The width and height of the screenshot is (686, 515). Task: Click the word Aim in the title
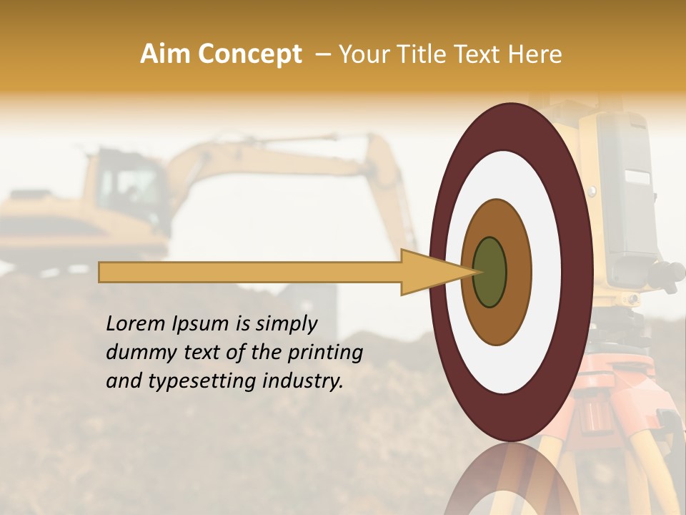tap(166, 54)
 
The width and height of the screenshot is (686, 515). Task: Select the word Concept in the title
tap(249, 54)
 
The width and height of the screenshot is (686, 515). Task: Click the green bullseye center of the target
tap(489, 272)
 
